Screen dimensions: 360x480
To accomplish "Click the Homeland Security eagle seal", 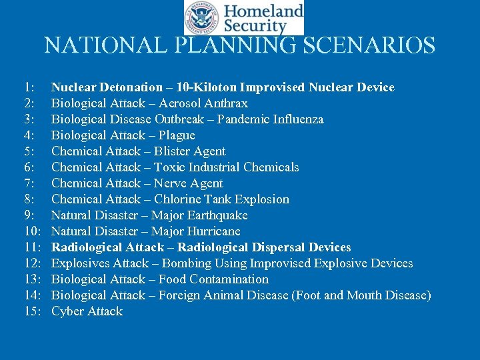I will (x=201, y=18).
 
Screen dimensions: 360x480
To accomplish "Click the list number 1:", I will (x=29, y=87).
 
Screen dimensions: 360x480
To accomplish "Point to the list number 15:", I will (x=33, y=311).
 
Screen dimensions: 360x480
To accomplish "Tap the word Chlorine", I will (x=179, y=199).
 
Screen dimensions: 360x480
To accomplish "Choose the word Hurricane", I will (x=211, y=231).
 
